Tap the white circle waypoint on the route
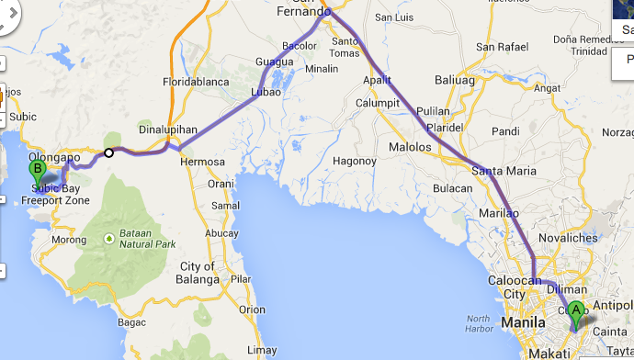click(109, 152)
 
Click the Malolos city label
click(410, 147)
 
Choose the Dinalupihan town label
click(169, 130)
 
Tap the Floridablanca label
click(194, 81)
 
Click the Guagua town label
click(274, 62)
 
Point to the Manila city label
click(526, 323)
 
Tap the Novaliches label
click(569, 239)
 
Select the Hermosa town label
click(202, 162)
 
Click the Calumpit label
click(377, 103)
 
